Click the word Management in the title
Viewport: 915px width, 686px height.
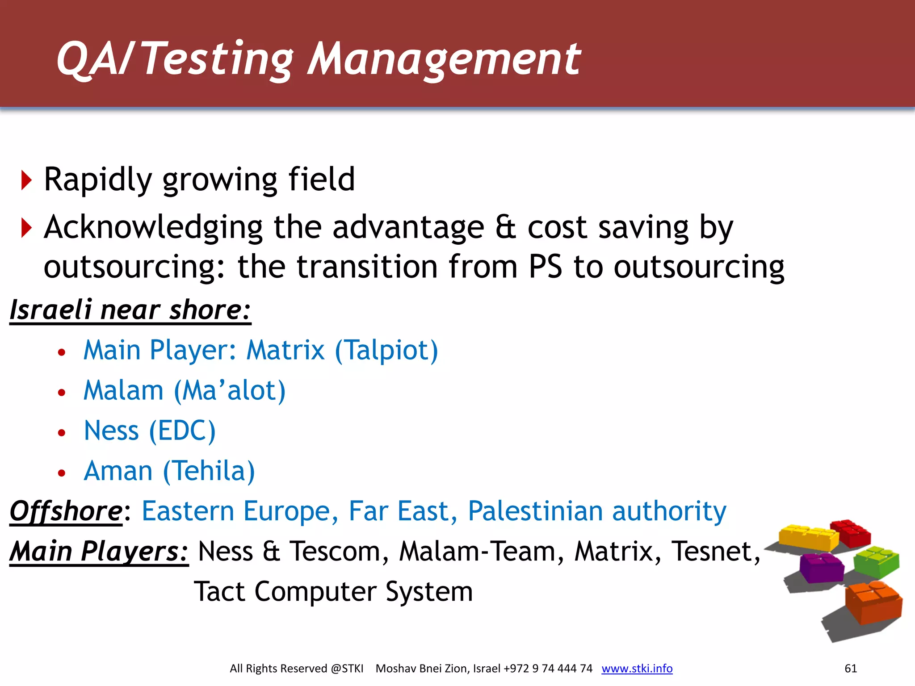pyautogui.click(x=445, y=59)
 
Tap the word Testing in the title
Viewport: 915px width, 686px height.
pyautogui.click(x=218, y=59)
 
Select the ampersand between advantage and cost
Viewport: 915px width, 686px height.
pyautogui.click(x=505, y=227)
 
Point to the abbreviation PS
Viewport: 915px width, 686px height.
pyautogui.click(x=545, y=267)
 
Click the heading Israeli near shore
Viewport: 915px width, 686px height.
pyautogui.click(x=130, y=310)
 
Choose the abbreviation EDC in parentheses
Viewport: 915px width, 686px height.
pyautogui.click(x=182, y=431)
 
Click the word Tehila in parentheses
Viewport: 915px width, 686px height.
pyautogui.click(x=209, y=471)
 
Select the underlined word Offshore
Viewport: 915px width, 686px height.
pyautogui.click(x=66, y=511)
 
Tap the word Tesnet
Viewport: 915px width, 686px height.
pyautogui.click(x=714, y=551)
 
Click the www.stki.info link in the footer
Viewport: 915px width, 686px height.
pyautogui.click(x=637, y=668)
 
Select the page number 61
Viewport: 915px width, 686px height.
pyautogui.click(x=851, y=668)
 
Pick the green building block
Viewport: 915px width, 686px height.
pyautogui.click(x=876, y=562)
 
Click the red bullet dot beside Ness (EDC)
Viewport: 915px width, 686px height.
pyautogui.click(x=62, y=432)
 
